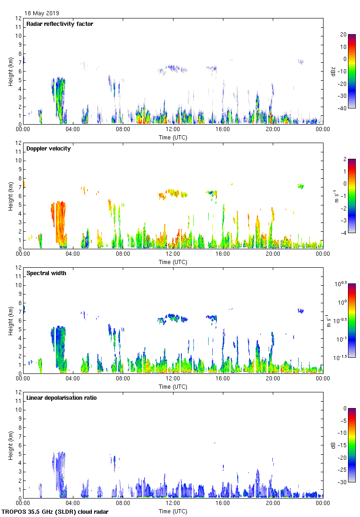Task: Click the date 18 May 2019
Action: (42, 13)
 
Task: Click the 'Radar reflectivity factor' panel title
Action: (60, 24)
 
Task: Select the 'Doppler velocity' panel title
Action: (48, 149)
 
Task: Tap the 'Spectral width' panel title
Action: (46, 273)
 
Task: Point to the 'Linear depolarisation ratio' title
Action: (61, 398)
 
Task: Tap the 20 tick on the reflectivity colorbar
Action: (343, 35)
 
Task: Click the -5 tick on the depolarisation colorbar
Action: (343, 421)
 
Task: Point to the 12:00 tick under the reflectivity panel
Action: (173, 130)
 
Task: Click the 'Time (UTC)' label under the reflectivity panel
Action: (173, 138)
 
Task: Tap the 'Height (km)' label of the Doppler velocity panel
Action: (10, 196)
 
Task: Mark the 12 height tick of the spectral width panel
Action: (18, 267)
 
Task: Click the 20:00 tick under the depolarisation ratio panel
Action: (273, 504)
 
